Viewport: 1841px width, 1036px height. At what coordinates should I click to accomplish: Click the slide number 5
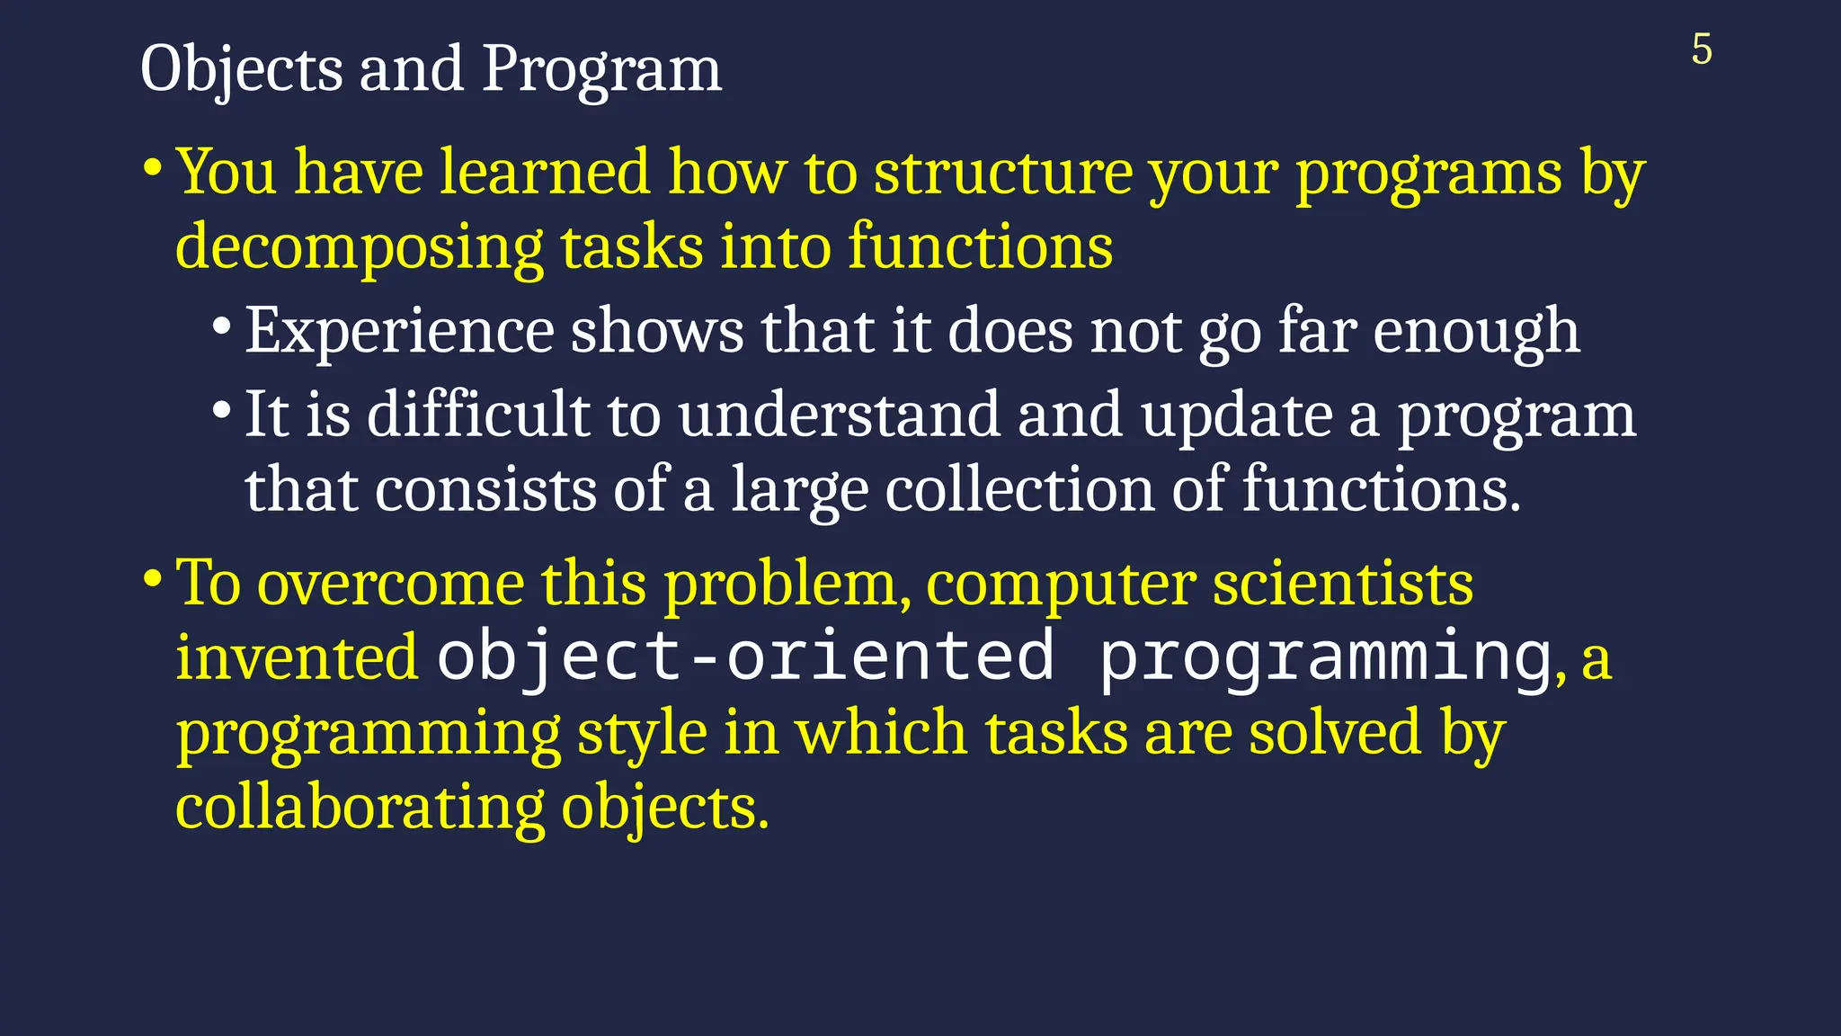point(1701,49)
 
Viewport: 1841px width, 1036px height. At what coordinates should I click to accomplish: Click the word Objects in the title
point(241,70)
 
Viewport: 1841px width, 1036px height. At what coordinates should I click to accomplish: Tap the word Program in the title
point(601,70)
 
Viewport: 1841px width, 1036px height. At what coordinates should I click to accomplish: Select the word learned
point(544,172)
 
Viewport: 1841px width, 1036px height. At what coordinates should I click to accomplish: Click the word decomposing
point(359,247)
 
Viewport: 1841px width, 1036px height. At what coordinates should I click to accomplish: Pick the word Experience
point(399,332)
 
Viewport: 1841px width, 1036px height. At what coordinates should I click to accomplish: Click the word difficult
point(478,415)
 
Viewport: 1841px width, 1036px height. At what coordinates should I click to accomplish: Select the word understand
point(839,415)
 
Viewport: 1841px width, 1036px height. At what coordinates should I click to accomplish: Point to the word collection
point(1019,491)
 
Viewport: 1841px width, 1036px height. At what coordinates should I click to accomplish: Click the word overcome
point(391,584)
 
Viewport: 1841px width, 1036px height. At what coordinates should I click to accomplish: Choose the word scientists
point(1343,584)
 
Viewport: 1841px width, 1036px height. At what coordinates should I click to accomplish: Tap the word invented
point(297,657)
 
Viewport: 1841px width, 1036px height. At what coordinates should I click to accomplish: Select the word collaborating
point(360,807)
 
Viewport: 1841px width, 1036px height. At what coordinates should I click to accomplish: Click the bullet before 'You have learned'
point(153,168)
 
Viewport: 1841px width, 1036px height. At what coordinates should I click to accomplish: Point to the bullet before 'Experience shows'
point(222,328)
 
